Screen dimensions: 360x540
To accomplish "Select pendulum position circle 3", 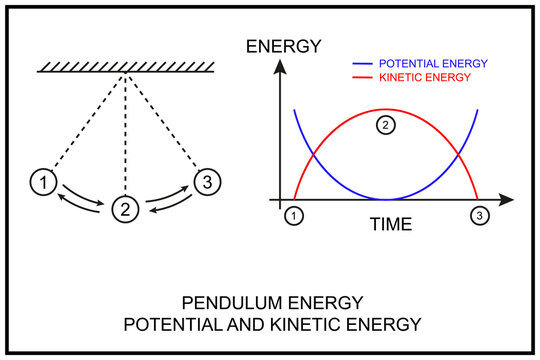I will tap(205, 182).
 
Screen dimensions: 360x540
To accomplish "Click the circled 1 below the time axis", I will tap(294, 215).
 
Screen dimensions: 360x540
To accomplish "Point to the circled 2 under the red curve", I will tap(386, 125).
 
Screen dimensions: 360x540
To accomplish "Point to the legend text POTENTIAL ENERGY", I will tap(434, 63).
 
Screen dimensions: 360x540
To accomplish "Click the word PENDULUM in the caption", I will tap(234, 301).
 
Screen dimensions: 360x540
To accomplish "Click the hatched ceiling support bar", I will tap(124, 67).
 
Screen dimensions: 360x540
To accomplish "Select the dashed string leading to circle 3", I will tap(164, 125).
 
